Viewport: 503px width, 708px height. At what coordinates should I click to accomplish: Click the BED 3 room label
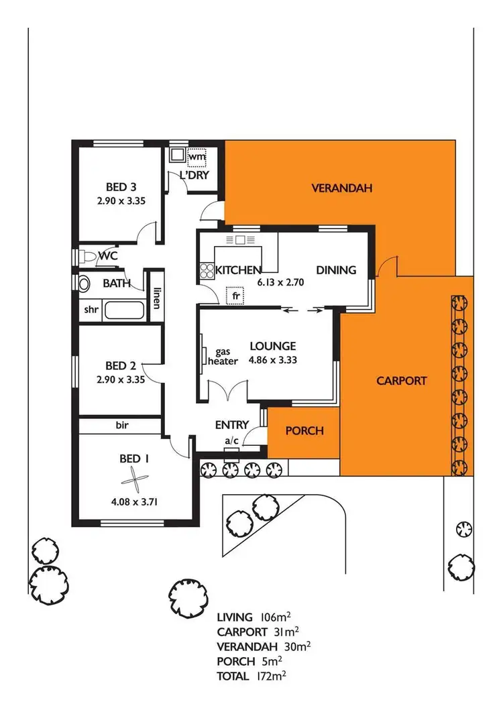point(121,186)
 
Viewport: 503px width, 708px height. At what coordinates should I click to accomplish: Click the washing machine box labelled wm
point(195,157)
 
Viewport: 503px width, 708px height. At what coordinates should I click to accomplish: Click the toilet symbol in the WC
point(87,255)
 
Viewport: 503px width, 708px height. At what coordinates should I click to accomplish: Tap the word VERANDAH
point(341,188)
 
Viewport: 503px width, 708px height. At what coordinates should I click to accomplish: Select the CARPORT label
point(401,380)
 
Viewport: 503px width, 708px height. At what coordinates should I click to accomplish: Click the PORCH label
point(304,430)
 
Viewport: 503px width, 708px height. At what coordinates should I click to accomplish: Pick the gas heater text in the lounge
point(226,356)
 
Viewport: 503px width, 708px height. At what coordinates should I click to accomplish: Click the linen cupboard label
point(156,298)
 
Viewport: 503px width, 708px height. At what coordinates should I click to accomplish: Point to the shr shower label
point(90,310)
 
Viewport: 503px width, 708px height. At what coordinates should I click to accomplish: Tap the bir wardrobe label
point(121,425)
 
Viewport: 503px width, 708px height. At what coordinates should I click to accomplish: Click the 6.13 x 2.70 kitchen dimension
point(281,282)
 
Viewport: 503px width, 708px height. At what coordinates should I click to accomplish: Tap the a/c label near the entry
point(232,440)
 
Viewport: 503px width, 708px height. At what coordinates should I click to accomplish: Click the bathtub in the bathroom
point(124,311)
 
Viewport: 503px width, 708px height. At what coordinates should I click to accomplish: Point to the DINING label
point(336,270)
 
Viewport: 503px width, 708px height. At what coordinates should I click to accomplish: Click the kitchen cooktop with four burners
point(205,271)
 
